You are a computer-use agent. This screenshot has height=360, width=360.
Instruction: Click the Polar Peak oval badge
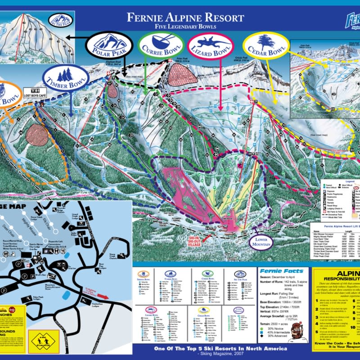(x=107, y=45)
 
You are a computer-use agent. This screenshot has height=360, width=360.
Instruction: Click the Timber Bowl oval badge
(x=66, y=77)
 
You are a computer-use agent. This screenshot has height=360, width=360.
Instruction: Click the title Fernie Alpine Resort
(x=185, y=18)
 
